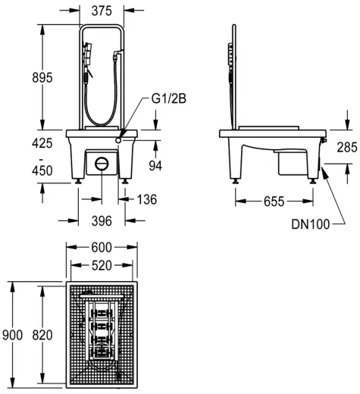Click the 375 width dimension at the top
[x=102, y=11]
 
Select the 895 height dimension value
[x=42, y=77]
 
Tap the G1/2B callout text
[x=169, y=98]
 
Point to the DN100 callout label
[x=311, y=224]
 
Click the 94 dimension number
[x=155, y=166]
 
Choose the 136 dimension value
[x=147, y=199]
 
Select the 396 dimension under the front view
[x=102, y=221]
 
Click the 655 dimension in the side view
[x=274, y=202]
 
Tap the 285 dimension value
[x=347, y=147]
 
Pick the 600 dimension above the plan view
[x=102, y=248]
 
